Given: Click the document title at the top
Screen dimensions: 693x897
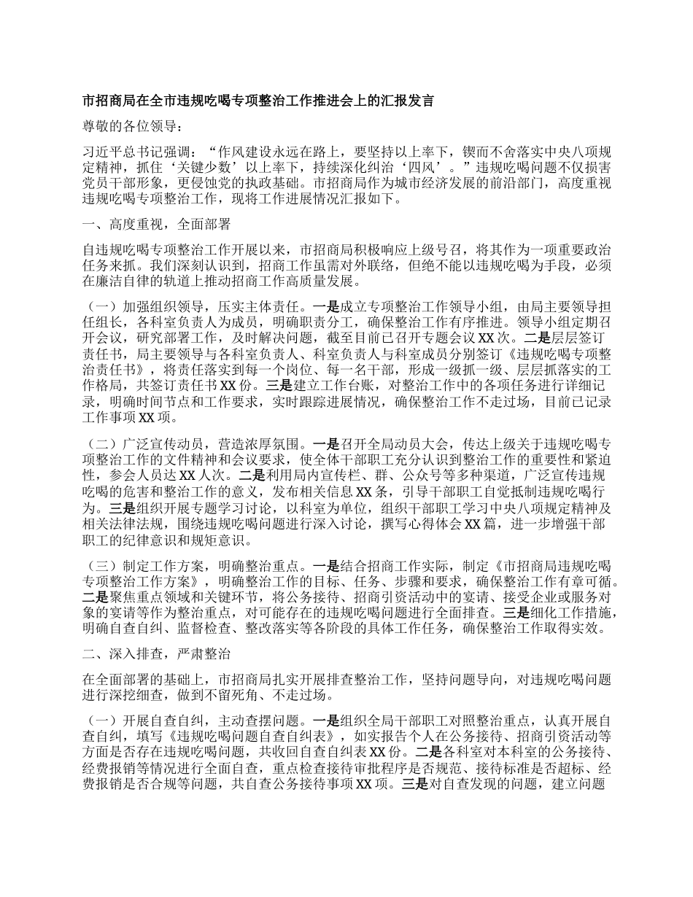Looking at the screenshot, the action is point(259,101).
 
